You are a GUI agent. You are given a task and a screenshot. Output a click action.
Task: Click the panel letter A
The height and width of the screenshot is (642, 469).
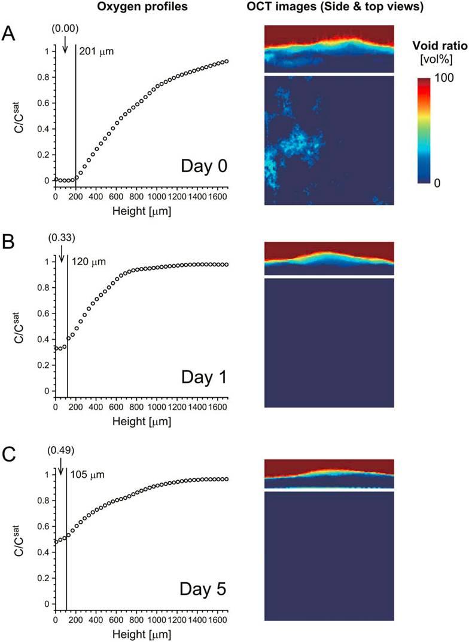9,34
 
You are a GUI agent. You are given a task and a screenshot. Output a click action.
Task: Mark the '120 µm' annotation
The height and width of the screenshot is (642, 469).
87,260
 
